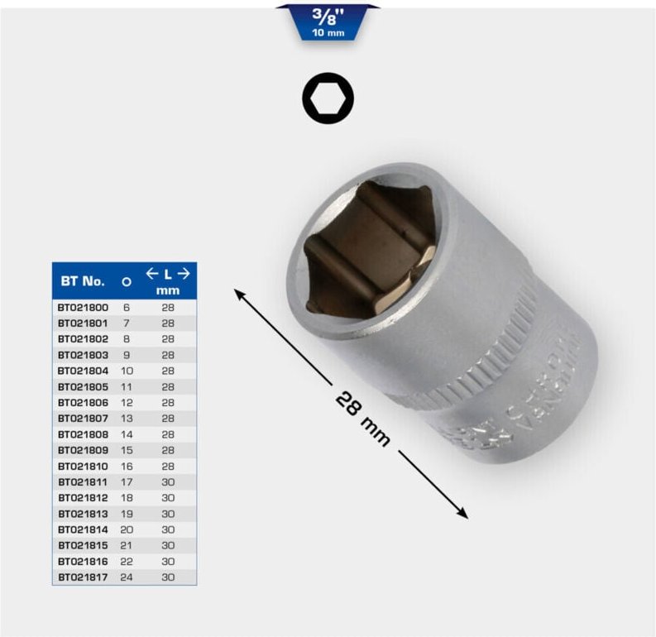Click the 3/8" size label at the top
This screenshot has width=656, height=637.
point(327,17)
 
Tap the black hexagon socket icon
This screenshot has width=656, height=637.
point(328,100)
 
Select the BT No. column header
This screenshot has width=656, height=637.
point(82,281)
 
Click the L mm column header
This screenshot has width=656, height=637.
point(168,281)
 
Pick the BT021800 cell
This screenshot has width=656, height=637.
point(83,307)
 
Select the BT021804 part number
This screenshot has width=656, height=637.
point(83,371)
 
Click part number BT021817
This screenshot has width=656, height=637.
point(83,577)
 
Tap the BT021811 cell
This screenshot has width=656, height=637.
point(83,481)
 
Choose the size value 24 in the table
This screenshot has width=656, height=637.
point(127,577)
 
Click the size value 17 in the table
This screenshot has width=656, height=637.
point(127,481)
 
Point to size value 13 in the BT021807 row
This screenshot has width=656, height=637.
point(127,418)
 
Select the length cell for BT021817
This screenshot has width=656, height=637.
point(168,577)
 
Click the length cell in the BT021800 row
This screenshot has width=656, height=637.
point(168,307)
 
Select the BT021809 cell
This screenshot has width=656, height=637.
point(83,450)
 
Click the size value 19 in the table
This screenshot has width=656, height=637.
point(127,513)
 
